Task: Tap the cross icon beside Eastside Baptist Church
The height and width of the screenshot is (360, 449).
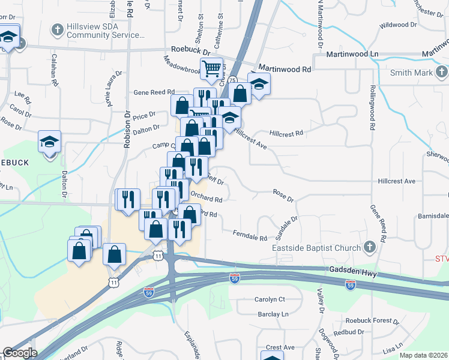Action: [x=369, y=247]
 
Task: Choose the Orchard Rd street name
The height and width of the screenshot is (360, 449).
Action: [x=206, y=197]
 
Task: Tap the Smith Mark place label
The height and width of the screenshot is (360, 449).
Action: [x=411, y=73]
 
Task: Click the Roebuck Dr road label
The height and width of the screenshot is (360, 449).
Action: [x=191, y=52]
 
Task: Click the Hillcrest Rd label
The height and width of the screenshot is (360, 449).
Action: [x=286, y=133]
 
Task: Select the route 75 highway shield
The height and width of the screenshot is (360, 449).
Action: [x=231, y=80]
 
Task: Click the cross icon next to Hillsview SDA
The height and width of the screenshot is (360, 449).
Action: [x=58, y=29]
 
